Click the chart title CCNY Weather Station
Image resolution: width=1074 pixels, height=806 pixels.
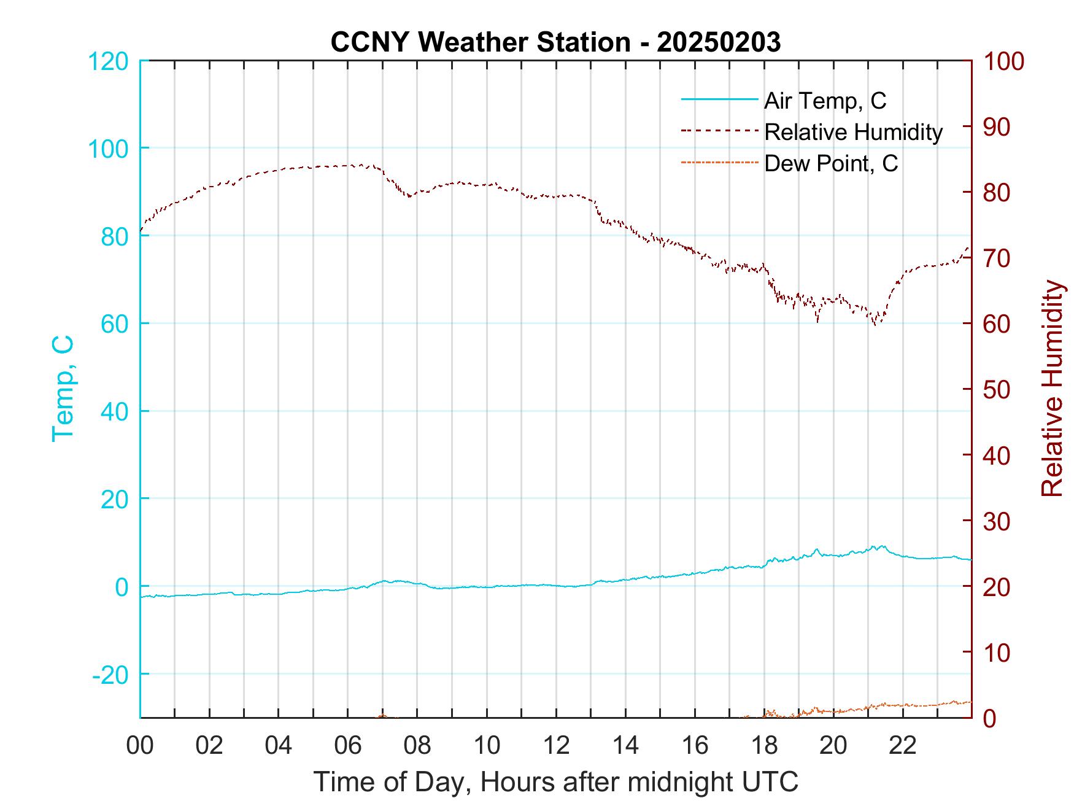point(555,42)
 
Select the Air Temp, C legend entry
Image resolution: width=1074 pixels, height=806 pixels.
point(825,101)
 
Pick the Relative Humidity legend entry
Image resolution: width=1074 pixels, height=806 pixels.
point(853,132)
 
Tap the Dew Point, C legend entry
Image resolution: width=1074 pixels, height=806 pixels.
point(831,163)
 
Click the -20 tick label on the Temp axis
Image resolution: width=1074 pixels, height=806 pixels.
point(110,675)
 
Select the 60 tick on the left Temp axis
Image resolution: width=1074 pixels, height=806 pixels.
point(114,324)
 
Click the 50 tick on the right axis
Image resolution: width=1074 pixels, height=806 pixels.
point(997,390)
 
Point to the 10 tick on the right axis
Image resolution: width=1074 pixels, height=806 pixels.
point(997,653)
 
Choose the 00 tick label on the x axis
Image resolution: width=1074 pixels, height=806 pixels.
point(140,746)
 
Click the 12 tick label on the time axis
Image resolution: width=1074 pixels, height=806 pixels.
point(556,746)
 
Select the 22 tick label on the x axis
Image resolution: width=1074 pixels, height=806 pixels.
point(903,746)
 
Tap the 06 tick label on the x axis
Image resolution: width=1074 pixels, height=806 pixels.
point(348,746)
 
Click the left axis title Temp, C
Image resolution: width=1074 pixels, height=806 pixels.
point(63,388)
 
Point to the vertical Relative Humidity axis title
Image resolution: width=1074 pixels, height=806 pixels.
point(1052,388)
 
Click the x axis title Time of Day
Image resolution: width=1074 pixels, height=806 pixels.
point(556,782)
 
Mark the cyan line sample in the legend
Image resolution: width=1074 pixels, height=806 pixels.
point(719,99)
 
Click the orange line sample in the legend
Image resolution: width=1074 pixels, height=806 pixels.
point(719,162)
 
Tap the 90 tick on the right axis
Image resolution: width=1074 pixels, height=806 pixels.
point(997,127)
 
